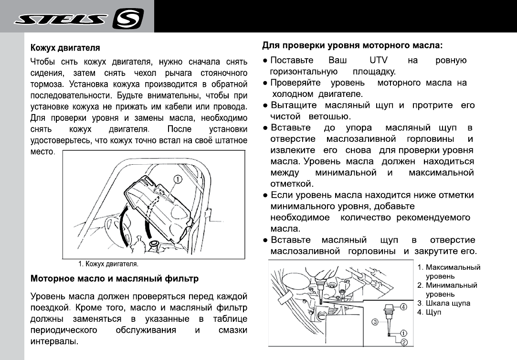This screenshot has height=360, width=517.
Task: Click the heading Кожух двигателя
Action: [x=65, y=48]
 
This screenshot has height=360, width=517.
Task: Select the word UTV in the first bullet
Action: [x=379, y=61]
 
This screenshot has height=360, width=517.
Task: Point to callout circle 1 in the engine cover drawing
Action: [x=177, y=180]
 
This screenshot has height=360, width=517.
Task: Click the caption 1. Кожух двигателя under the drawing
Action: [x=108, y=264]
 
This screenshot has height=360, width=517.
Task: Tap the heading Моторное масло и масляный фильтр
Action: [x=115, y=277]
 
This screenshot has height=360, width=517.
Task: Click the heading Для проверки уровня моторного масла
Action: [x=352, y=46]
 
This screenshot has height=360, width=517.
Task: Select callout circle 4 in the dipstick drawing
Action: [x=402, y=307]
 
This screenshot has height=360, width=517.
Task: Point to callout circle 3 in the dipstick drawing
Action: [x=375, y=322]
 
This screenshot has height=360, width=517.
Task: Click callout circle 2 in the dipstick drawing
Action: [x=403, y=341]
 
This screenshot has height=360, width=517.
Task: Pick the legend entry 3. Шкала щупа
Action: [x=443, y=303]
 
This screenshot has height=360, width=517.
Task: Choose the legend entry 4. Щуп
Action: [x=429, y=312]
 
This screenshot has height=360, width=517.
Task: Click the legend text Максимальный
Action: [x=453, y=267]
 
